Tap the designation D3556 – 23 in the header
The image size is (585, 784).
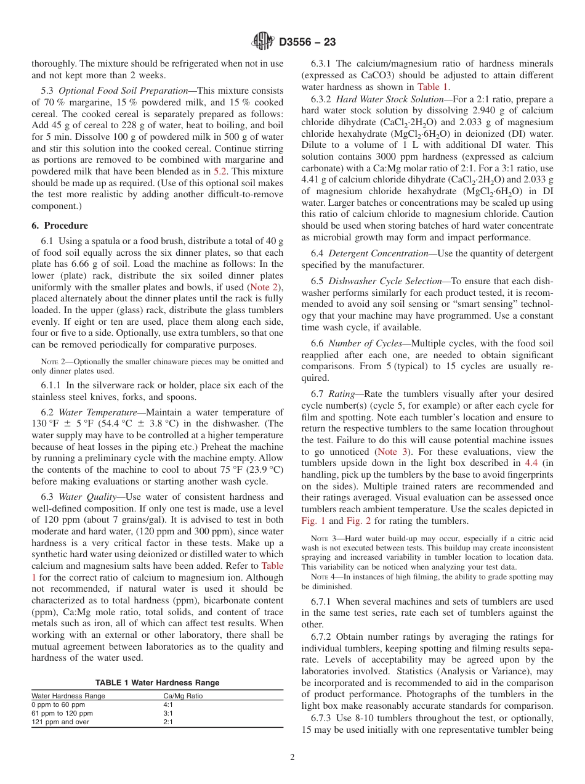307,43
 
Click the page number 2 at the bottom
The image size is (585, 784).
292,757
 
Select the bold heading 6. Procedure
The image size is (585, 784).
60,226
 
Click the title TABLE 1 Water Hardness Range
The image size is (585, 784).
157,683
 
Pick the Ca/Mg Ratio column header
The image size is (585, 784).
183,696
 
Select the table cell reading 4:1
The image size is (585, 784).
168,704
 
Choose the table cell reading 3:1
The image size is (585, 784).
168,713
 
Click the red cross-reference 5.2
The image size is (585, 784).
220,171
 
